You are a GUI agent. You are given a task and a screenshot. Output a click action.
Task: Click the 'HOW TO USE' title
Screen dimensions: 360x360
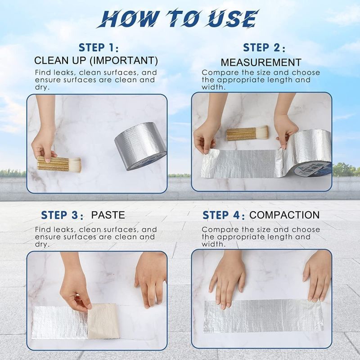[178, 18]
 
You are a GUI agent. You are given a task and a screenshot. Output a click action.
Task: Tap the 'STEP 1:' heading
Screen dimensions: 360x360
[99, 48]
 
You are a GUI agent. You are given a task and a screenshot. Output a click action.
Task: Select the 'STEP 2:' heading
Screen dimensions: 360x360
[264, 48]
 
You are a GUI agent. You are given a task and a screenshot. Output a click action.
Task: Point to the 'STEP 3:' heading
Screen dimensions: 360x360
[62, 216]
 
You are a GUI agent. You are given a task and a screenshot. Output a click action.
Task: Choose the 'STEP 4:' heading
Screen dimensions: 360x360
[224, 216]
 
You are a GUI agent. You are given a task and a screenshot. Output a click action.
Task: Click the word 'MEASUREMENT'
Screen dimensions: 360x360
[261, 63]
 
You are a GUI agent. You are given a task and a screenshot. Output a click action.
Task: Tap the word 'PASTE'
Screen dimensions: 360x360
[108, 215]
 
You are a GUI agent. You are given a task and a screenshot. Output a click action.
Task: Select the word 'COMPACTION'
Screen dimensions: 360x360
[284, 215]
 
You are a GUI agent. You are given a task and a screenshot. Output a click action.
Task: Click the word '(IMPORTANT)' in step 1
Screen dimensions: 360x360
[123, 61]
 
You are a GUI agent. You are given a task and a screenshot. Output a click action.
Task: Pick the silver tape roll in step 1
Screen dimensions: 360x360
[140, 146]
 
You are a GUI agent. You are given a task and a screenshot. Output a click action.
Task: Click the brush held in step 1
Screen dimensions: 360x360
[59, 163]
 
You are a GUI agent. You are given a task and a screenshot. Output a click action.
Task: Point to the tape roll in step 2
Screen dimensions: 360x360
[307, 154]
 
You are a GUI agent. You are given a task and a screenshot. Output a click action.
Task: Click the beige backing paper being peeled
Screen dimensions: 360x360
[103, 320]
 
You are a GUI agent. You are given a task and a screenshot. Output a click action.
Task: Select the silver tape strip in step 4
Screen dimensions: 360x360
[264, 315]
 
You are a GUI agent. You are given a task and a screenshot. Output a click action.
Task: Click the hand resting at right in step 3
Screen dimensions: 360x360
[150, 279]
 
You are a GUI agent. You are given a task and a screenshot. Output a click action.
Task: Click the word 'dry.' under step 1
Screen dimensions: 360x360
[42, 87]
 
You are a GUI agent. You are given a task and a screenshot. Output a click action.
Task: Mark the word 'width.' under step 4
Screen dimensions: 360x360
[213, 244]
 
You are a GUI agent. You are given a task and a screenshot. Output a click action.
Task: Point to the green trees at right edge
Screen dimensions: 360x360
[346, 170]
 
